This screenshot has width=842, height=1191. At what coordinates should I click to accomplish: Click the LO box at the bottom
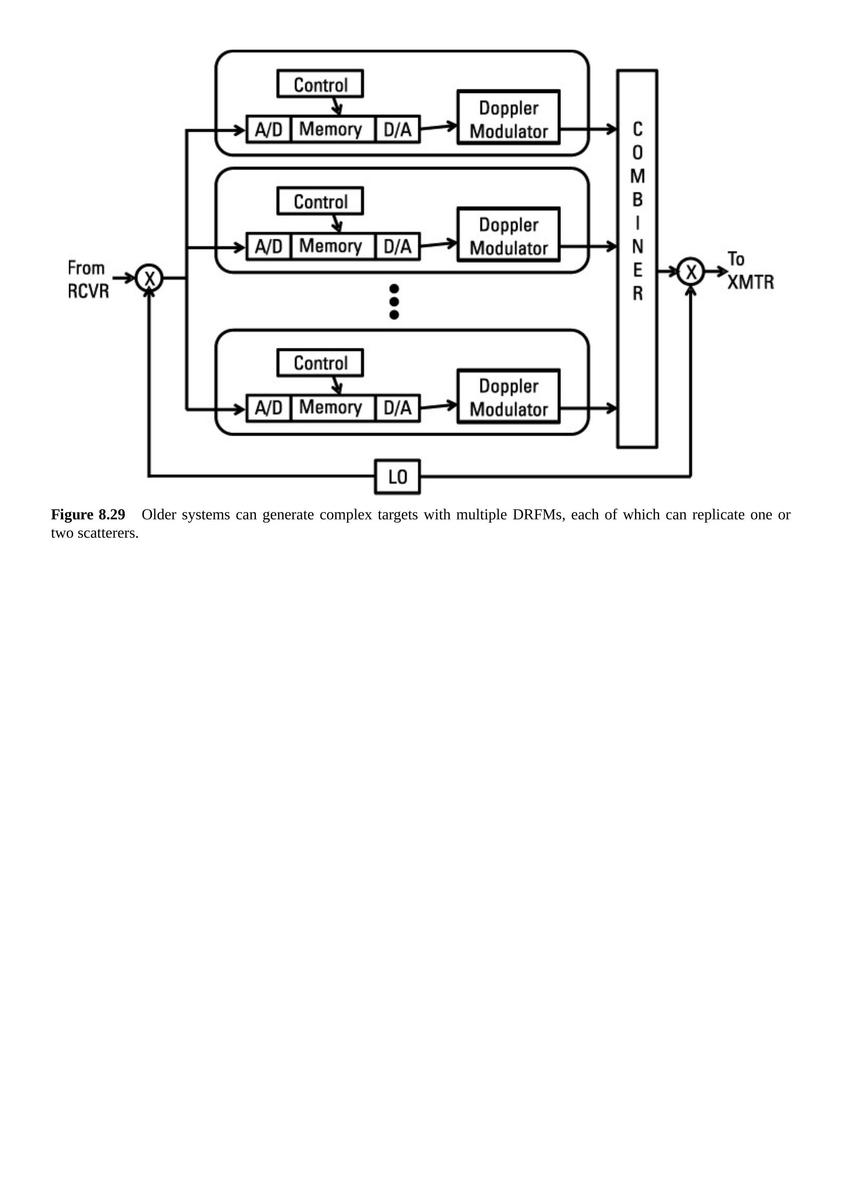click(x=398, y=477)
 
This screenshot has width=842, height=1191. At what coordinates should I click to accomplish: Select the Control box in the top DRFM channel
click(x=320, y=84)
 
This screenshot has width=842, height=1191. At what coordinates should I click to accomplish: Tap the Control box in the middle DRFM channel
click(x=320, y=201)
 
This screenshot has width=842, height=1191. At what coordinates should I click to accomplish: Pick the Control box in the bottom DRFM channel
click(x=320, y=363)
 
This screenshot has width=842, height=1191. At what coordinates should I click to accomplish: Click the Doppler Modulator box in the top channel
click(x=508, y=118)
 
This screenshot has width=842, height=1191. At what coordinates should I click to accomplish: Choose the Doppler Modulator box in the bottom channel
click(x=508, y=397)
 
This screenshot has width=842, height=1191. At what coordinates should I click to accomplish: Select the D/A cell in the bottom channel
click(x=398, y=408)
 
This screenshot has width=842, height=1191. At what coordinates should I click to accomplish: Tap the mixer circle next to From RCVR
click(x=149, y=278)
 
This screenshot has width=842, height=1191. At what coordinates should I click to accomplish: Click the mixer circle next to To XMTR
click(x=690, y=271)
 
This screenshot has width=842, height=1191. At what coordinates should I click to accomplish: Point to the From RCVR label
click(x=88, y=279)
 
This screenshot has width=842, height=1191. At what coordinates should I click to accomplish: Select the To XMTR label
click(x=749, y=271)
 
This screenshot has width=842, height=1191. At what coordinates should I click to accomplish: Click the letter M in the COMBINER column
click(x=638, y=176)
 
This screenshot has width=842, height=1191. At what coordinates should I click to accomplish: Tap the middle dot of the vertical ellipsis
click(x=394, y=301)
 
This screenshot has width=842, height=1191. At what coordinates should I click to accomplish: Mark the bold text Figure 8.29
click(x=88, y=514)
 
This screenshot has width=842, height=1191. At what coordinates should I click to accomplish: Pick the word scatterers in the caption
click(x=108, y=533)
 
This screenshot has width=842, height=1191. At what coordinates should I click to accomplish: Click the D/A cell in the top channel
click(x=398, y=129)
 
